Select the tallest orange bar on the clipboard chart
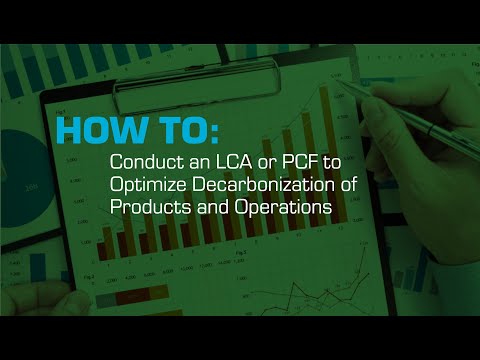click(324, 150)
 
